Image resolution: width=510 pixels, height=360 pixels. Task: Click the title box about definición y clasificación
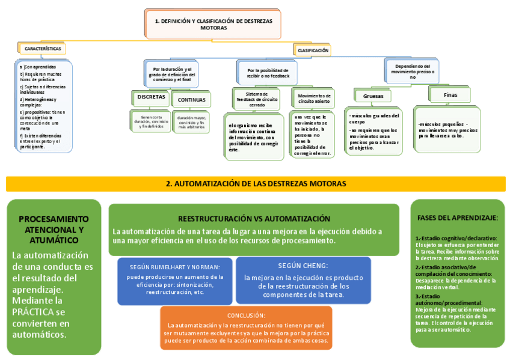213,24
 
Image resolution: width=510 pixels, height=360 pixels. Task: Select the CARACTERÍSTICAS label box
42,48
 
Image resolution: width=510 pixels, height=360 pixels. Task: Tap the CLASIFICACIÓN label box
313,50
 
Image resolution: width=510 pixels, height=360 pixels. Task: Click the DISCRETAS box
151,97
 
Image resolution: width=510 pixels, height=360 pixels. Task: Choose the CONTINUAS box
191,100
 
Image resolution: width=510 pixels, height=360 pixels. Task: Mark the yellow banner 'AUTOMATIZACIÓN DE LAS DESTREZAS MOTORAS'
256,183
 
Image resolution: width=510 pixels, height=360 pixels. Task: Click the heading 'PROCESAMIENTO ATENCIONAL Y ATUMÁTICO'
54,229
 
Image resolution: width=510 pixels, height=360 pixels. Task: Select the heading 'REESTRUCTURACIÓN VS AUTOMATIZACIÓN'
254,219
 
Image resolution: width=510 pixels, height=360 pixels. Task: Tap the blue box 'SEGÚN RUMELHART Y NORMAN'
174,280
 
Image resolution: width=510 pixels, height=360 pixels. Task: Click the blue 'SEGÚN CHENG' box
303,279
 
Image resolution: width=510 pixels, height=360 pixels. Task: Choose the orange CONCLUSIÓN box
246,328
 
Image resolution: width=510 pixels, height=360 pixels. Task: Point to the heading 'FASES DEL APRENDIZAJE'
457,217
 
